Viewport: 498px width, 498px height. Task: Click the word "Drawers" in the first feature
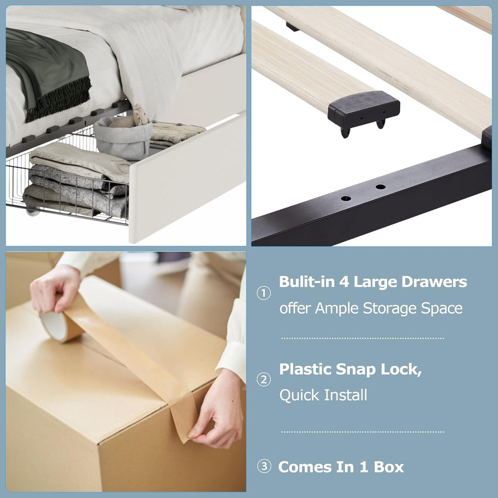[x=434, y=282]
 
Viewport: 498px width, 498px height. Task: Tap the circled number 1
[x=264, y=293]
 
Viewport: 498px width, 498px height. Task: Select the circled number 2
[x=264, y=379]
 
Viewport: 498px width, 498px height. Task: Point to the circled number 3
[x=264, y=466]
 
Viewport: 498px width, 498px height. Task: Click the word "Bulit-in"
[x=307, y=282]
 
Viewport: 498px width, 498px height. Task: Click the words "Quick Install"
[x=323, y=395]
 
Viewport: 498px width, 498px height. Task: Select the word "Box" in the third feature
[x=389, y=467]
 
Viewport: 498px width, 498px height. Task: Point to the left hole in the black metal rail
[x=346, y=198]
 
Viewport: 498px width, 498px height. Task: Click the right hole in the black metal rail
[x=380, y=187]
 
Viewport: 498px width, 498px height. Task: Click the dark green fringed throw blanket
[x=48, y=74]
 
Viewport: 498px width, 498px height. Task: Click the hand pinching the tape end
[x=216, y=409]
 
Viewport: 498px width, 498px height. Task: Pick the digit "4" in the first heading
[x=344, y=282]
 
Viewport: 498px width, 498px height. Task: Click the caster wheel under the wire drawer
[x=33, y=211]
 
